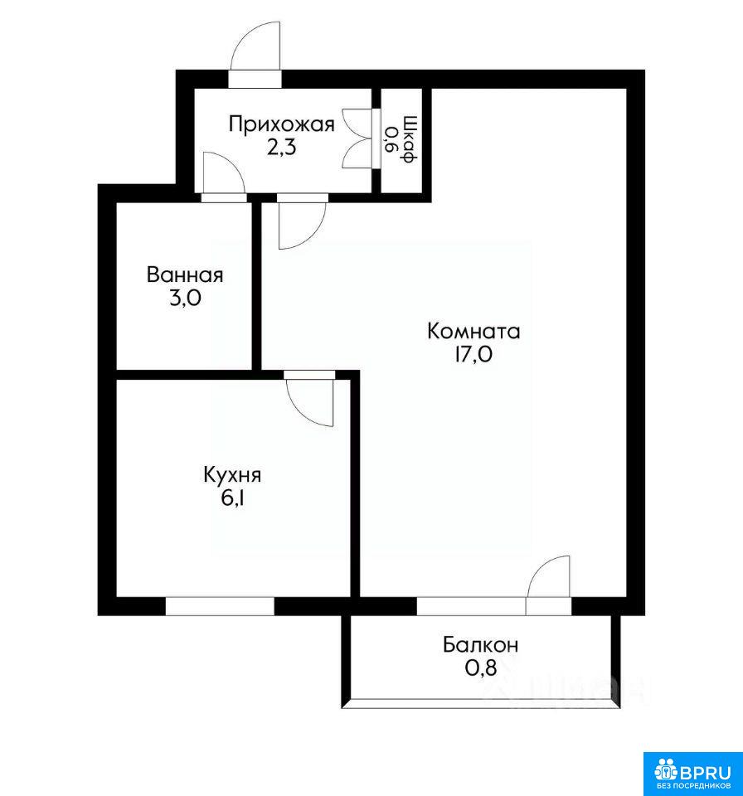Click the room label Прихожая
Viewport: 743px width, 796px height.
(x=281, y=125)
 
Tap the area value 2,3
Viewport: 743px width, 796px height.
(x=281, y=148)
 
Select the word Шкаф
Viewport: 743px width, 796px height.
(x=410, y=139)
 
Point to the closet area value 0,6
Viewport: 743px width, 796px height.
(x=391, y=139)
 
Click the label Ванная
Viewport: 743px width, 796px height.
(x=185, y=275)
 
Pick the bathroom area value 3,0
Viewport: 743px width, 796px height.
(x=185, y=298)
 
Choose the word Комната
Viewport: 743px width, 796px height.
(x=473, y=332)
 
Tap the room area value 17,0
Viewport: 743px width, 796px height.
(x=473, y=354)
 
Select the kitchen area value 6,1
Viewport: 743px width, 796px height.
(x=232, y=498)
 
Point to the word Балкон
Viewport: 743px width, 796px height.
(x=480, y=645)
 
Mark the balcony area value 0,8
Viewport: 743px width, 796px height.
(x=480, y=668)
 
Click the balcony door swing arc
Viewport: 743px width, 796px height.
(x=541, y=566)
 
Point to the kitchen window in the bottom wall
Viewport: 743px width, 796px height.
(x=220, y=606)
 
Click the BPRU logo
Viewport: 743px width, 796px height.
(x=692, y=774)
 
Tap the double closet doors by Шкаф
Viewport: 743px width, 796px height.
(x=358, y=138)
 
